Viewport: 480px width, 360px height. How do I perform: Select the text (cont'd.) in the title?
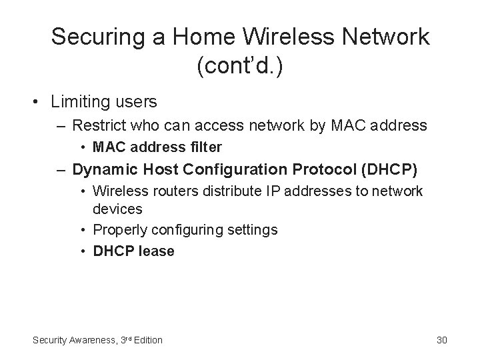coord(240,66)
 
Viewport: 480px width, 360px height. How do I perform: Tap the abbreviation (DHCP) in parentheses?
coord(389,169)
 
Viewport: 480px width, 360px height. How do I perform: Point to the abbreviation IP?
coord(255,191)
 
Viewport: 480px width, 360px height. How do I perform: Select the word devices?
coord(117,209)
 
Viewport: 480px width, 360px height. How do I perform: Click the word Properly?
coord(119,230)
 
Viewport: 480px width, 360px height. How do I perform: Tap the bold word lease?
coord(157,251)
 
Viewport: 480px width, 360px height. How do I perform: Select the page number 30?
coord(441,340)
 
